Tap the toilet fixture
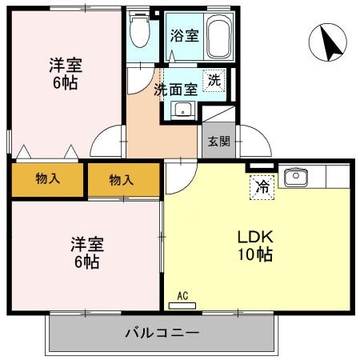click(x=141, y=32)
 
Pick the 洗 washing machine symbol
click(x=214, y=79)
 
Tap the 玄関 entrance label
click(x=218, y=141)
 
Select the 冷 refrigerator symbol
click(x=262, y=186)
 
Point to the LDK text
click(x=255, y=238)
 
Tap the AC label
click(x=182, y=296)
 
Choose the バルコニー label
click(x=162, y=331)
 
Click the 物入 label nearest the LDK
click(x=121, y=180)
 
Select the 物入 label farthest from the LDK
click(x=47, y=180)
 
